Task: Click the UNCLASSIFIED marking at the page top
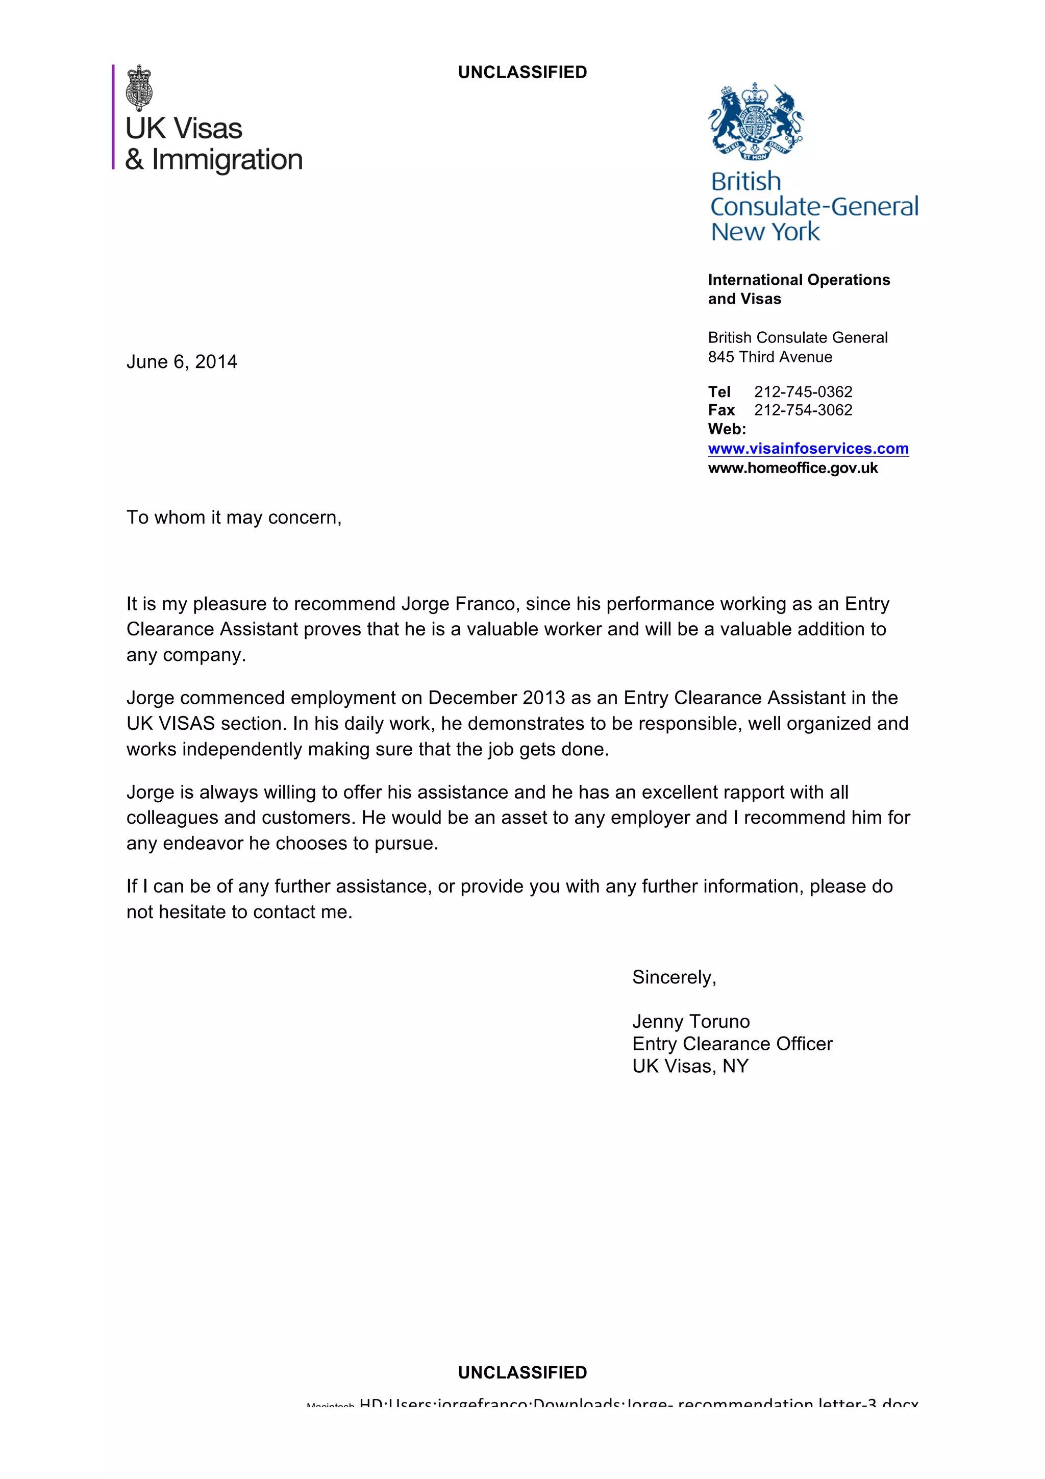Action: (x=522, y=72)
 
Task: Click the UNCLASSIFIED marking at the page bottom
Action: (x=522, y=1372)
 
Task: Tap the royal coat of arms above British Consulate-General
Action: (x=755, y=122)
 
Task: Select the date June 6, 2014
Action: (x=182, y=362)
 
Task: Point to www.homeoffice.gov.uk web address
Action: (x=792, y=469)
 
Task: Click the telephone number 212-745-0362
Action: (x=803, y=391)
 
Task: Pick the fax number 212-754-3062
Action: (x=803, y=410)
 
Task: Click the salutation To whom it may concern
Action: (x=234, y=517)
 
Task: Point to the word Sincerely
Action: (x=674, y=977)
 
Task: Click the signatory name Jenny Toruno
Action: (x=691, y=1021)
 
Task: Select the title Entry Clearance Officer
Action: (x=732, y=1044)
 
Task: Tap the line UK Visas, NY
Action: (x=690, y=1066)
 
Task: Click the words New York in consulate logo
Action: (x=765, y=232)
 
